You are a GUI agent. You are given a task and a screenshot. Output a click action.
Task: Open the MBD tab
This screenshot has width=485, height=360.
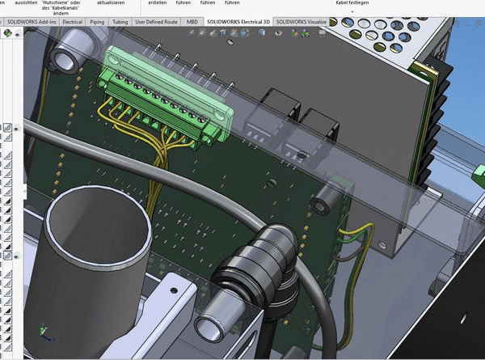[x=192, y=21]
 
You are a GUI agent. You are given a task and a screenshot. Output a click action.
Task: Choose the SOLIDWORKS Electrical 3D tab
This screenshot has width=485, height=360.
[x=238, y=21]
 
